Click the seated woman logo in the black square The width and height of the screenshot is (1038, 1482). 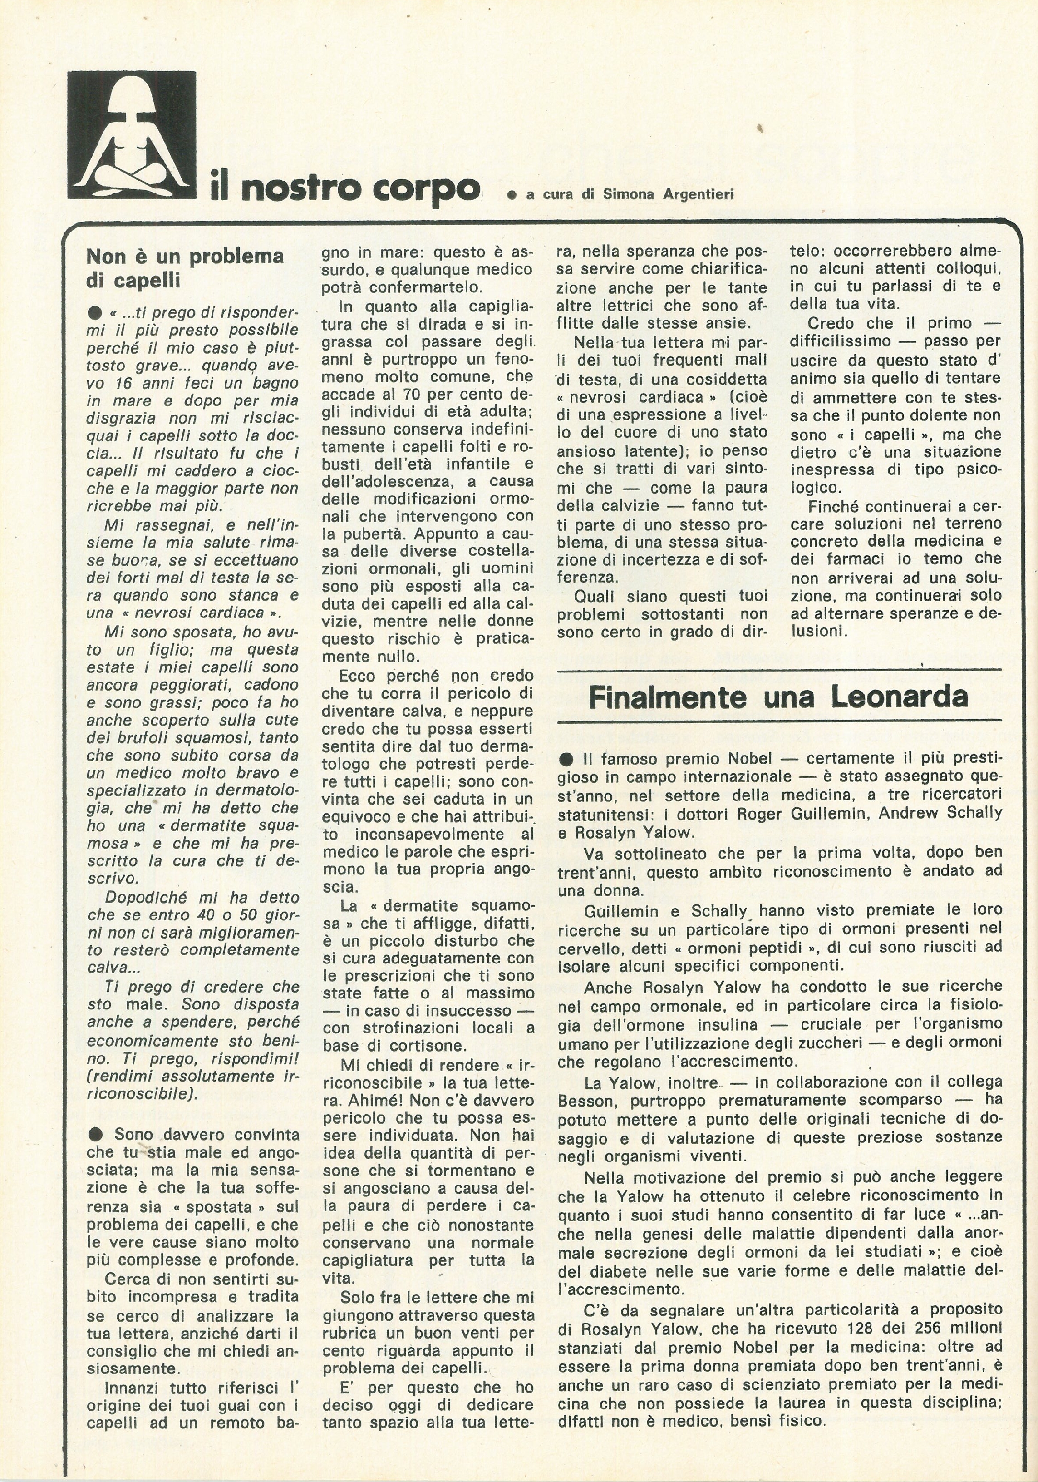click(132, 134)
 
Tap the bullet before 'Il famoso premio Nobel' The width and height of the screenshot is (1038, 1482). click(566, 758)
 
